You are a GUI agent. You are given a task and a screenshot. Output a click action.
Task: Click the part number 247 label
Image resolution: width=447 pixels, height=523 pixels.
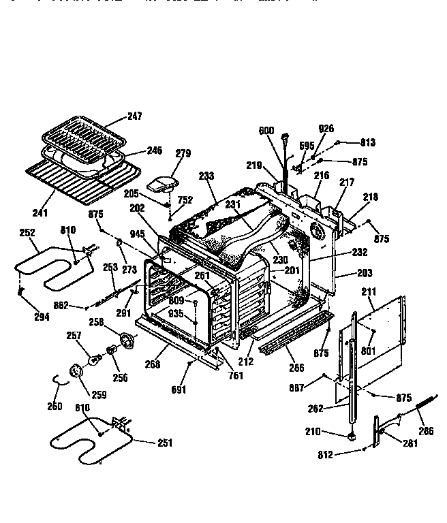pyautogui.click(x=135, y=116)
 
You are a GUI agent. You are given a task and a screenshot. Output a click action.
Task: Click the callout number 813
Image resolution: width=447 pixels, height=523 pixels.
pyautogui.click(x=368, y=143)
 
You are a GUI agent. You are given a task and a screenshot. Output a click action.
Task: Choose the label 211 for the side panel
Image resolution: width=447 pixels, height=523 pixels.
pyautogui.click(x=369, y=292)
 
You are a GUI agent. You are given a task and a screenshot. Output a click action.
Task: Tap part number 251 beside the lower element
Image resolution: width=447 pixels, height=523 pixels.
pyautogui.click(x=164, y=443)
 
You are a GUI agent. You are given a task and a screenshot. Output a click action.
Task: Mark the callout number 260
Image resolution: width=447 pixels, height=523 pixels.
pyautogui.click(x=54, y=407)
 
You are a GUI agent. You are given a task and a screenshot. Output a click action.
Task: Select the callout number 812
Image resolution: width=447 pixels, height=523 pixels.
pyautogui.click(x=325, y=455)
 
